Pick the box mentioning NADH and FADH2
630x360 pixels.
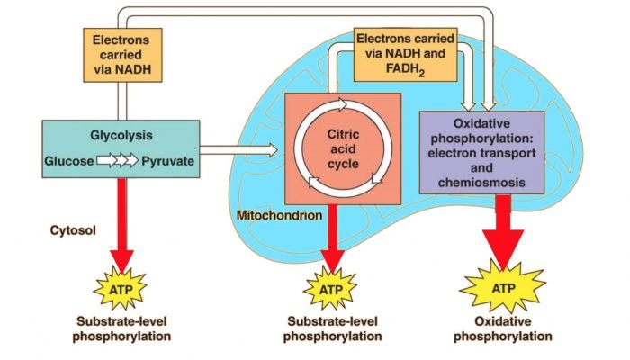click(x=405, y=53)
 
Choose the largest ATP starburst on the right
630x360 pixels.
click(x=502, y=289)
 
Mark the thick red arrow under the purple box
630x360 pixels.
click(x=502, y=229)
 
